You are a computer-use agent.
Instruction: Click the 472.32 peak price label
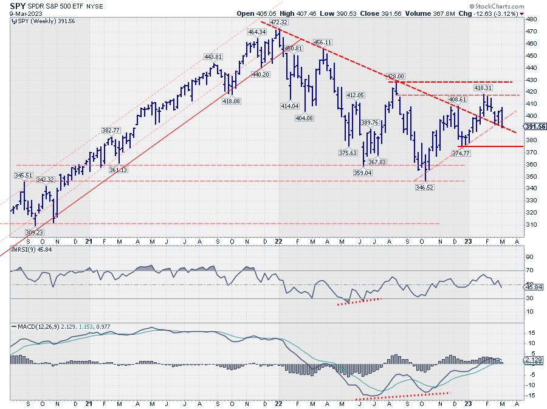tap(279, 22)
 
